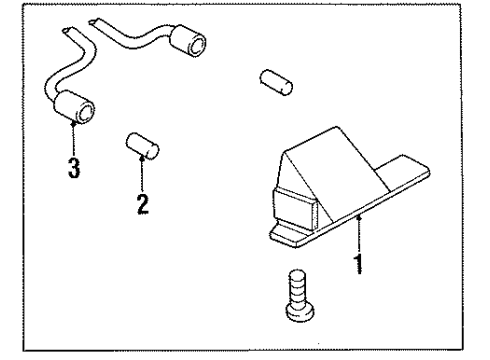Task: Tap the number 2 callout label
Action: (x=142, y=205)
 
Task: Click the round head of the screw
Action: (x=298, y=313)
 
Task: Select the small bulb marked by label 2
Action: (x=143, y=145)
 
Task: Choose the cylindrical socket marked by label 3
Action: (x=77, y=107)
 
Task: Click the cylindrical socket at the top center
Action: (x=190, y=44)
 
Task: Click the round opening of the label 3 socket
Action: (x=89, y=111)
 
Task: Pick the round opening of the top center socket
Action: (x=197, y=43)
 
